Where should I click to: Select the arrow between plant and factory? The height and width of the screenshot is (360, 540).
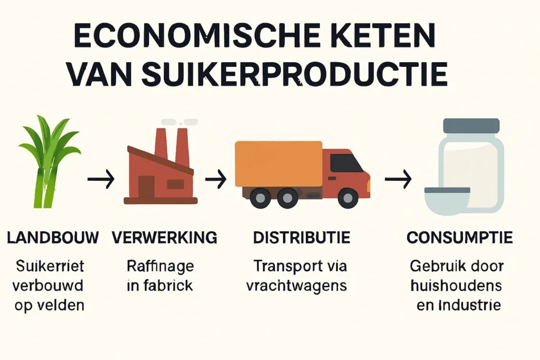pyautogui.click(x=101, y=181)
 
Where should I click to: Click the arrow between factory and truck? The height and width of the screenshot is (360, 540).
pyautogui.click(x=215, y=181)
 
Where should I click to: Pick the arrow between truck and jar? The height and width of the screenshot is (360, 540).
pyautogui.click(x=398, y=181)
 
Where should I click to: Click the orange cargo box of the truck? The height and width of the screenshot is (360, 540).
pyautogui.click(x=278, y=163)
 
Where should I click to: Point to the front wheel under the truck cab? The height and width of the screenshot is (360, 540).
pyautogui.click(x=348, y=198)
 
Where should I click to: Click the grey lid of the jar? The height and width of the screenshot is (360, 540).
pyautogui.click(x=471, y=125)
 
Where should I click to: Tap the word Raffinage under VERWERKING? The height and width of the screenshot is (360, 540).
pyautogui.click(x=160, y=266)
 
